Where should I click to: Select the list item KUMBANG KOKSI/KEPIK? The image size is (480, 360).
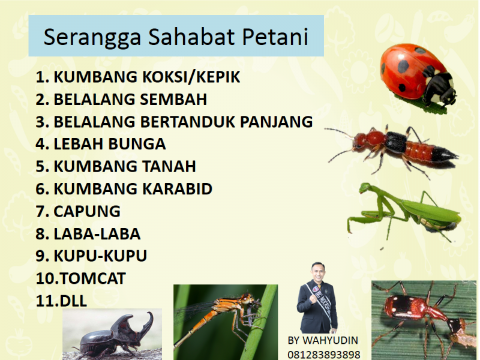pyautogui.click(x=138, y=77)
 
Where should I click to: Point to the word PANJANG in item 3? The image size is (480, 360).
pyautogui.click(x=277, y=122)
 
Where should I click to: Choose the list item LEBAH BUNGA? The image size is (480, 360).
pyautogui.click(x=101, y=144)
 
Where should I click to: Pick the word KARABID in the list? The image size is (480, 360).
pyautogui.click(x=177, y=188)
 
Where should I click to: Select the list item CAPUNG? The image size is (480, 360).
pyautogui.click(x=78, y=211)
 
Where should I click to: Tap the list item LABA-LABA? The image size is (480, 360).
pyautogui.click(x=88, y=233)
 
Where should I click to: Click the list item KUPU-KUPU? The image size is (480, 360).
pyautogui.click(x=91, y=256)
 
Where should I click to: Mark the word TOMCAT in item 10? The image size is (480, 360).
pyautogui.click(x=93, y=278)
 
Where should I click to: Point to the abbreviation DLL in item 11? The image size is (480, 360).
pyautogui.click(x=73, y=301)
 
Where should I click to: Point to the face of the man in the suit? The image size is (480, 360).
pyautogui.click(x=317, y=271)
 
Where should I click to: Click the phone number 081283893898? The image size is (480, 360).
pyautogui.click(x=324, y=355)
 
